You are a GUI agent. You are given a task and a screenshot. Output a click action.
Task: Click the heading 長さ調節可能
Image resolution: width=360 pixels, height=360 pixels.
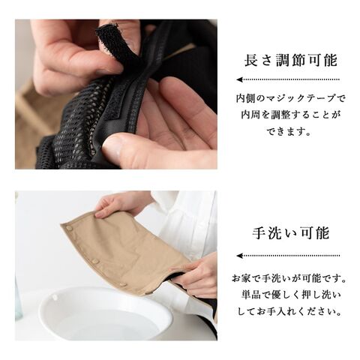tap(291, 60)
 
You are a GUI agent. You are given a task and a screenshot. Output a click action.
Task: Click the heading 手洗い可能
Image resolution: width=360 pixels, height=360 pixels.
tap(291, 233)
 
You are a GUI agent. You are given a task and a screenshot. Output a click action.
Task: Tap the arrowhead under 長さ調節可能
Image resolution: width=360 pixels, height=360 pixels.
tap(240, 79)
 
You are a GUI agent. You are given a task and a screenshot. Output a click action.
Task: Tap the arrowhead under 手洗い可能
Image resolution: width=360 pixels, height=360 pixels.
tap(240, 256)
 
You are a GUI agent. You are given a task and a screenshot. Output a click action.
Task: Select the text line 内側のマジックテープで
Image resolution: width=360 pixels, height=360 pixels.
tap(291, 98)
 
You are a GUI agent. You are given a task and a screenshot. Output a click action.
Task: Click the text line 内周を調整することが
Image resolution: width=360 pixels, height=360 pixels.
tap(291, 115)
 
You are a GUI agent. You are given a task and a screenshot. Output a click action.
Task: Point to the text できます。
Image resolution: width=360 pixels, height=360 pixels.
tap(289, 131)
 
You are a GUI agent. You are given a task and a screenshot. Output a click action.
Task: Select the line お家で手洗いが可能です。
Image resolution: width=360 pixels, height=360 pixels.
tap(289, 278)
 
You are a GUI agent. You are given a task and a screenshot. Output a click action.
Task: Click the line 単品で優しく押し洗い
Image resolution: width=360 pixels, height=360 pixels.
tap(291, 295)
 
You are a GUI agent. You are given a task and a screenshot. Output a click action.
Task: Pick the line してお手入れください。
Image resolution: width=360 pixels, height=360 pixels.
tap(289, 311)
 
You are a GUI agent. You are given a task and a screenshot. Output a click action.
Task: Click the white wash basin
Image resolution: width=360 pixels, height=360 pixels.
tap(106, 313)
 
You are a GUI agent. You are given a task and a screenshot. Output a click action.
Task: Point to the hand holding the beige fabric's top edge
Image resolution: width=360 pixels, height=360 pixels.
tap(122, 203)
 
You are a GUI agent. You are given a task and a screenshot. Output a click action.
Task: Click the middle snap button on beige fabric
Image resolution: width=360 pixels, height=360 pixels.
tap(95, 262)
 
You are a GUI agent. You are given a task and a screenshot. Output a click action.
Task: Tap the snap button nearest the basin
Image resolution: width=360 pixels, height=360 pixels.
tap(123, 284)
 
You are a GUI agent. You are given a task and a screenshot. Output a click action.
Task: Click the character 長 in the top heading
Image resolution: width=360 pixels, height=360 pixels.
tap(251, 60)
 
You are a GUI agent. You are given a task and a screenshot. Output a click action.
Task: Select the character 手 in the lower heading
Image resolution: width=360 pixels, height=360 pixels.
tap(259, 233)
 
